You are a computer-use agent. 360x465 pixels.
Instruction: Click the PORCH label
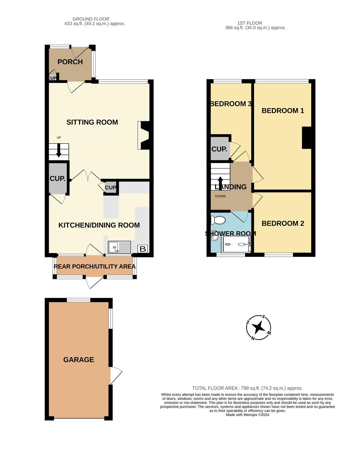pyautogui.click(x=70, y=62)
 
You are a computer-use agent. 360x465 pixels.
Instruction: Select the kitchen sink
pyautogui.click(x=119, y=247)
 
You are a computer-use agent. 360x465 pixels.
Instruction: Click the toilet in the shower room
pyautogui.click(x=218, y=220)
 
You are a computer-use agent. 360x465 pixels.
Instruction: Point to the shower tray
pyautogui.click(x=236, y=244)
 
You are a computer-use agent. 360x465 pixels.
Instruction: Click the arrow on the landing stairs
pyautogui.click(x=220, y=184)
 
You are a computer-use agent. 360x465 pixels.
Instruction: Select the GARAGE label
pyautogui.click(x=78, y=360)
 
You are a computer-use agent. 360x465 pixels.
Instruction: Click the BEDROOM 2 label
pyautogui.click(x=283, y=224)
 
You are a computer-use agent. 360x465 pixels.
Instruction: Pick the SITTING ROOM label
pyautogui.click(x=92, y=122)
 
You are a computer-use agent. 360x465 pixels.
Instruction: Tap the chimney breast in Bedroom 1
pyautogui.click(x=306, y=138)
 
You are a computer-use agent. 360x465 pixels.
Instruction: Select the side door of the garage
pyautogui.click(x=116, y=376)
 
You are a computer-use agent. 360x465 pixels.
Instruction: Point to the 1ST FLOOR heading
pyautogui.click(x=249, y=23)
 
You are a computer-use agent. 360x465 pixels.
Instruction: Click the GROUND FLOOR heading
pyautogui.click(x=91, y=19)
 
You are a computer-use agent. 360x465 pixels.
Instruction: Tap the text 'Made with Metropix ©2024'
pyautogui.click(x=247, y=415)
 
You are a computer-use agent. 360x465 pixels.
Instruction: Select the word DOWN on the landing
pyautogui.click(x=220, y=196)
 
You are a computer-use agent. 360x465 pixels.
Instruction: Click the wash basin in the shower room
pyautogui.click(x=213, y=237)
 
